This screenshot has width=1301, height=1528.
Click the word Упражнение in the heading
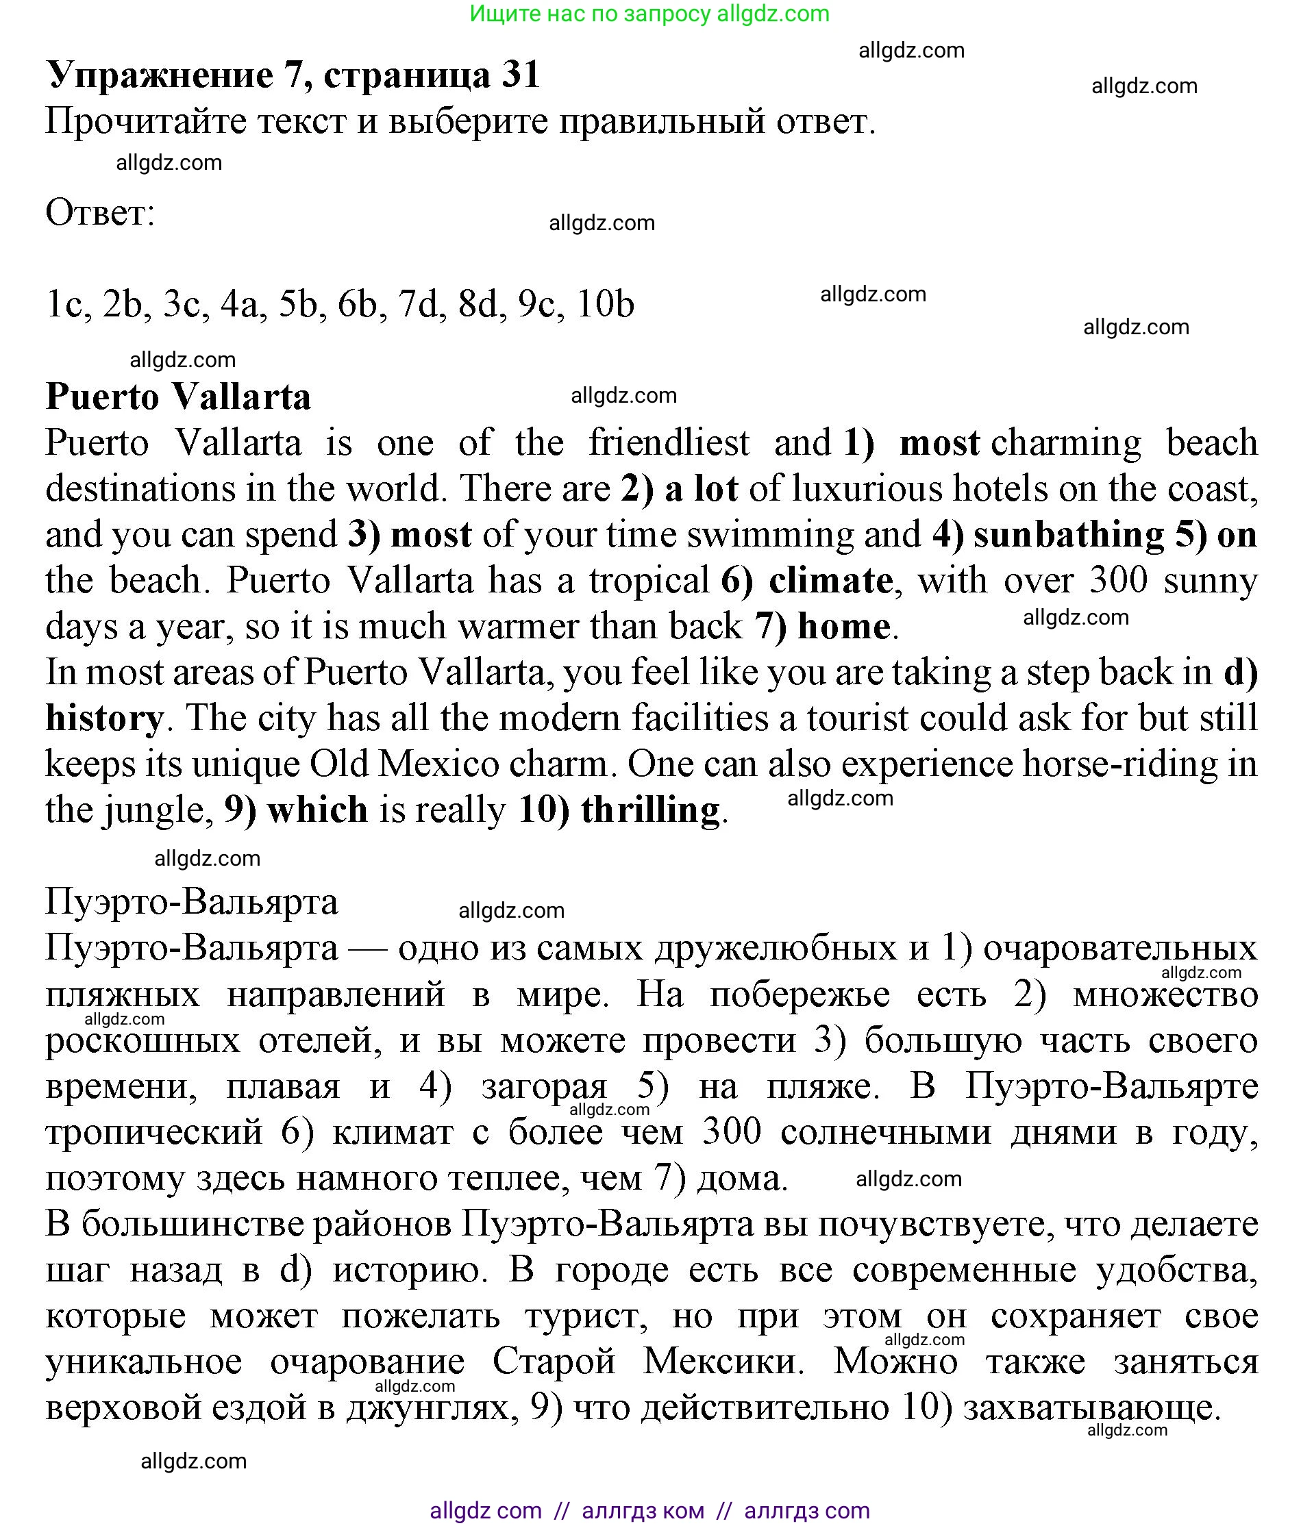click(160, 75)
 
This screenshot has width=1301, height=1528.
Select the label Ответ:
click(100, 213)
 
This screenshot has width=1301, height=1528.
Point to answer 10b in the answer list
click(605, 304)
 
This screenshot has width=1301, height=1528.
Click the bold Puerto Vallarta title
click(179, 397)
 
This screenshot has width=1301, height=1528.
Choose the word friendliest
click(669, 442)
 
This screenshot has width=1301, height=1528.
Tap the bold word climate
click(830, 580)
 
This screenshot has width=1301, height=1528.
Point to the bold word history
click(104, 718)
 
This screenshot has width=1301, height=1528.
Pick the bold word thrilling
click(649, 810)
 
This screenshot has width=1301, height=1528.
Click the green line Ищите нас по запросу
click(649, 13)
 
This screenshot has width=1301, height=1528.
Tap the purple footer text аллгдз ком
click(643, 1511)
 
